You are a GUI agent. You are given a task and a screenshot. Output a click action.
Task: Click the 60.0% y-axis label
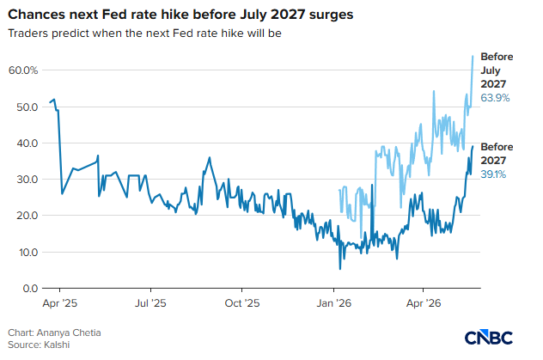23,70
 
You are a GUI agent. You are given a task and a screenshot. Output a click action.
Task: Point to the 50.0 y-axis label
27,107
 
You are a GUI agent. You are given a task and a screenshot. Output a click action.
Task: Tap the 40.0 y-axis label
27,143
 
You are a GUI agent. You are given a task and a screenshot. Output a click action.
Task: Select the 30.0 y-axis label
27,180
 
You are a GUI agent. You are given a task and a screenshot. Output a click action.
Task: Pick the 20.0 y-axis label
27,216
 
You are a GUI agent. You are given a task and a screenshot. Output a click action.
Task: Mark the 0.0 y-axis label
30,289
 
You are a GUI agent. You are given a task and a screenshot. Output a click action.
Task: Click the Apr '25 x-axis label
60,303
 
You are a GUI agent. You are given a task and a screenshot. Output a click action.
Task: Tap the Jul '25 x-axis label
150,303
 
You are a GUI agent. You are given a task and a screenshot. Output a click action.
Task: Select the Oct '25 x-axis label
242,303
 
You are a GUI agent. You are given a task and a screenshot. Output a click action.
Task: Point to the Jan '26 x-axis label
334,303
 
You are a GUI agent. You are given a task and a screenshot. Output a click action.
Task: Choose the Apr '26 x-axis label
424,303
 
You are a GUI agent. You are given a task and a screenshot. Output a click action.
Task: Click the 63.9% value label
495,98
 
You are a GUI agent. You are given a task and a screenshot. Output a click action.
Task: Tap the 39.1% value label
493,174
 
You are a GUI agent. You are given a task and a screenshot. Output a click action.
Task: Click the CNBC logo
489,338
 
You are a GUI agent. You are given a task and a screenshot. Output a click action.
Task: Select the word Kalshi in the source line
57,345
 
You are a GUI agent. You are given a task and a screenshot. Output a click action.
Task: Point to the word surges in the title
331,15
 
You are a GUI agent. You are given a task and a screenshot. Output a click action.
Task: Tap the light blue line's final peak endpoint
473,56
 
